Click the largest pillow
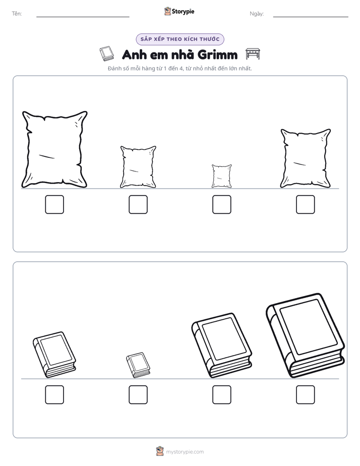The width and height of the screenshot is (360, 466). [54, 149]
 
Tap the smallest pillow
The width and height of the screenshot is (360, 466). [221, 176]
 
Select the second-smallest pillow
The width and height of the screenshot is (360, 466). [138, 167]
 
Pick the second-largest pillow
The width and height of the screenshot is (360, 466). [306, 158]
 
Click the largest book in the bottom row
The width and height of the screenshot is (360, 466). [306, 336]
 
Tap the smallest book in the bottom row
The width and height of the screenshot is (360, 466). [138, 365]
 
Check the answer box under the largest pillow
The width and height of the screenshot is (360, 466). [54, 204]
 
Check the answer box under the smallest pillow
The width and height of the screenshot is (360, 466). [221, 204]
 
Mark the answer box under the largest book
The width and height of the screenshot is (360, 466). [306, 395]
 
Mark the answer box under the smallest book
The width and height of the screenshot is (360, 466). [138, 395]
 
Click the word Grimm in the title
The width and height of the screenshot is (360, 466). [217, 54]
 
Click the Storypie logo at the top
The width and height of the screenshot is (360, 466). [179, 11]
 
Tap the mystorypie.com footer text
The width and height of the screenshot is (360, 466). [185, 452]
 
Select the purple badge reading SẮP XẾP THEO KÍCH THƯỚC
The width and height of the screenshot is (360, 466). [180, 39]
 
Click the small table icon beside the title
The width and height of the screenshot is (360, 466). [253, 54]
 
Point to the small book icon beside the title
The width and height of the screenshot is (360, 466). [106, 54]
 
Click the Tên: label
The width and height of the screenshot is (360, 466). [17, 14]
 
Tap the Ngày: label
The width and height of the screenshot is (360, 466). [257, 14]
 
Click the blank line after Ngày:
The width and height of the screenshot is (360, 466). [311, 17]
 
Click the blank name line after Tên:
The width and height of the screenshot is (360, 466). [83, 17]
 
